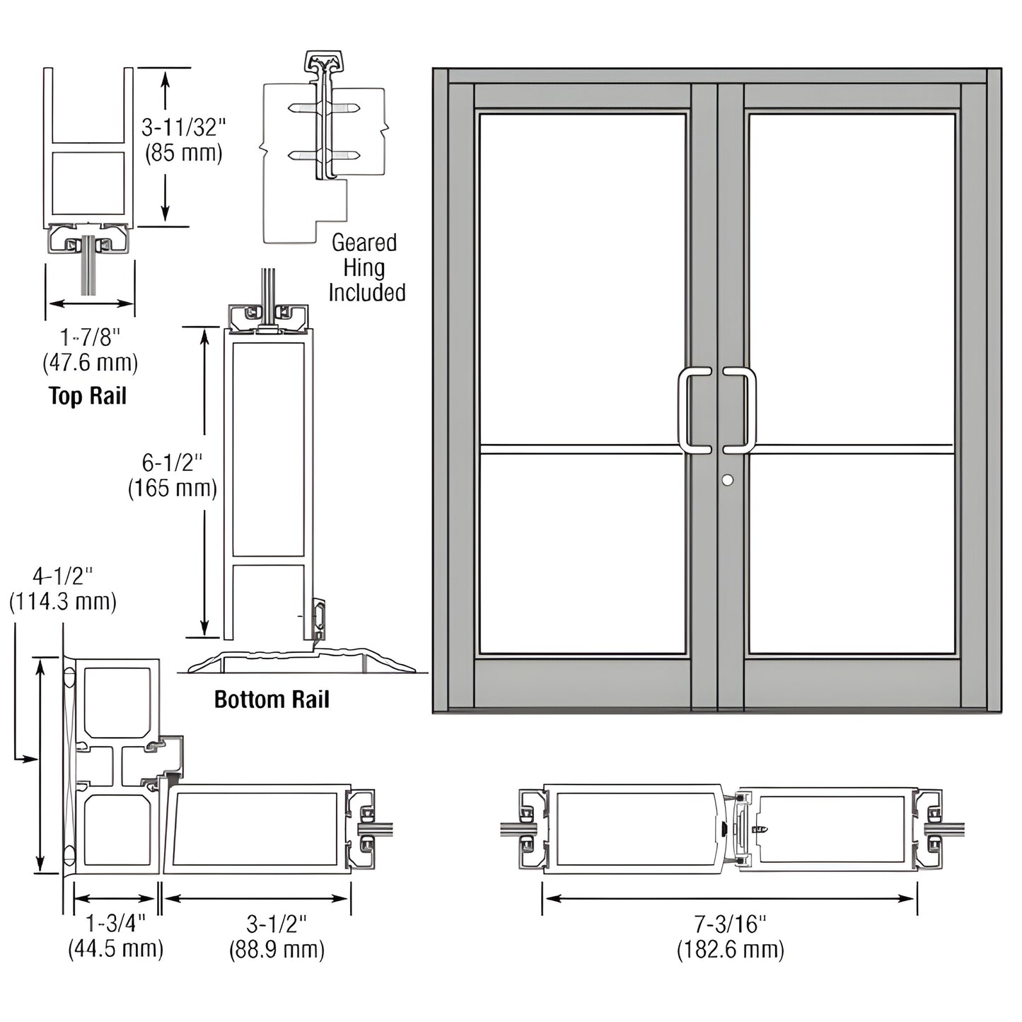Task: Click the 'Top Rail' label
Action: pos(88,396)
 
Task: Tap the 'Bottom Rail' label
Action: pos(272,700)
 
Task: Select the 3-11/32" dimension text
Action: pos(183,128)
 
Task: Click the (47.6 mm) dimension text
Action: pos(90,363)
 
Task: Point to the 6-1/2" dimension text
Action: pos(172,463)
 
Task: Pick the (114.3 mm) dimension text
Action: pos(63,602)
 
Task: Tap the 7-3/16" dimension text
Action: pos(730,924)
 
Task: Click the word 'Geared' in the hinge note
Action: pos(364,243)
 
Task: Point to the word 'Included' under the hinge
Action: pos(366,293)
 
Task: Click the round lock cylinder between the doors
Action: pos(727,480)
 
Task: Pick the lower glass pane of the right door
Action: pos(851,552)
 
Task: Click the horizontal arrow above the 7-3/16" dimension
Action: pos(730,898)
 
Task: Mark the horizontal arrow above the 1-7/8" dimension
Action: pos(91,303)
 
